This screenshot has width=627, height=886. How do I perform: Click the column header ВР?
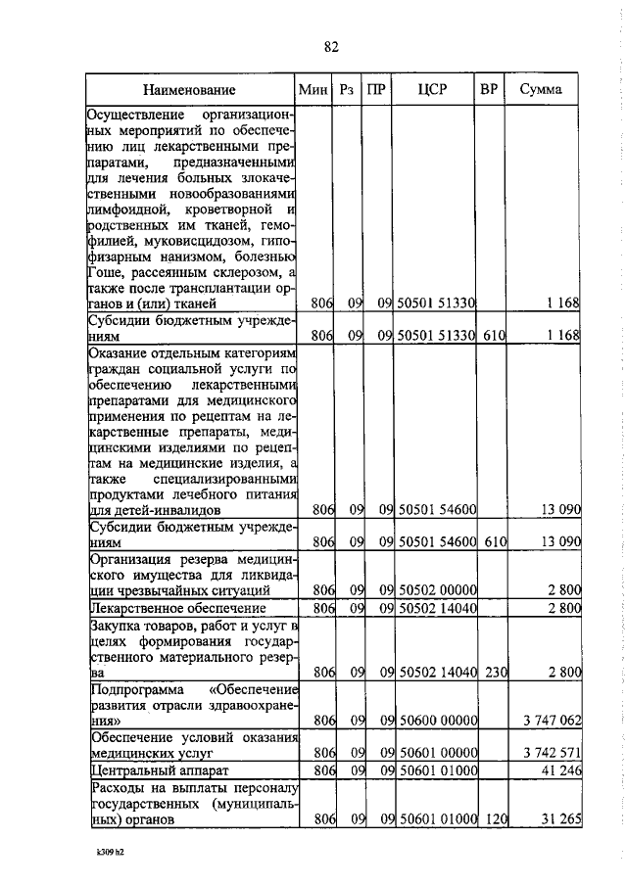point(489,89)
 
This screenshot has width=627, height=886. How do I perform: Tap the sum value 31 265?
point(561,821)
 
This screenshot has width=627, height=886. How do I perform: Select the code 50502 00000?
point(436,589)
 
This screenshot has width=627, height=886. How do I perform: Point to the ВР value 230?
point(493,672)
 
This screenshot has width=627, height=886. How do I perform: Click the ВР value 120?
point(493,821)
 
